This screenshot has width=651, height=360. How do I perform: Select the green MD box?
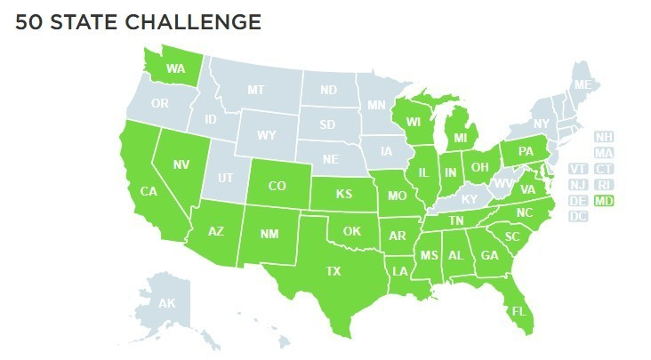605,201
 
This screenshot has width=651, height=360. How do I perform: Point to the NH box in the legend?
605,138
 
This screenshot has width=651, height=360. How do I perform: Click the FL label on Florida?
516,311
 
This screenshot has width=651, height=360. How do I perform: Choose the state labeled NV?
181,164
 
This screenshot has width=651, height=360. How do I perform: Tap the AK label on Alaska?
166,304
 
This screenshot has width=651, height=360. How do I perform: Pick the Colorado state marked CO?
276,187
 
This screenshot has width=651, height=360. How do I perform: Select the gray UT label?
225,178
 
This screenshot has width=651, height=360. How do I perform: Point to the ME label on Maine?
582,85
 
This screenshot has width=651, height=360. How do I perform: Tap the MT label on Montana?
256,90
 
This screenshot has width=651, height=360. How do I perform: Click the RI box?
605,185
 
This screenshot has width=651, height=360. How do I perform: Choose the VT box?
578,169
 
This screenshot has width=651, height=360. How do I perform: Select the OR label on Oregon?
160,103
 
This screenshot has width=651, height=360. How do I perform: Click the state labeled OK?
353,232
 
